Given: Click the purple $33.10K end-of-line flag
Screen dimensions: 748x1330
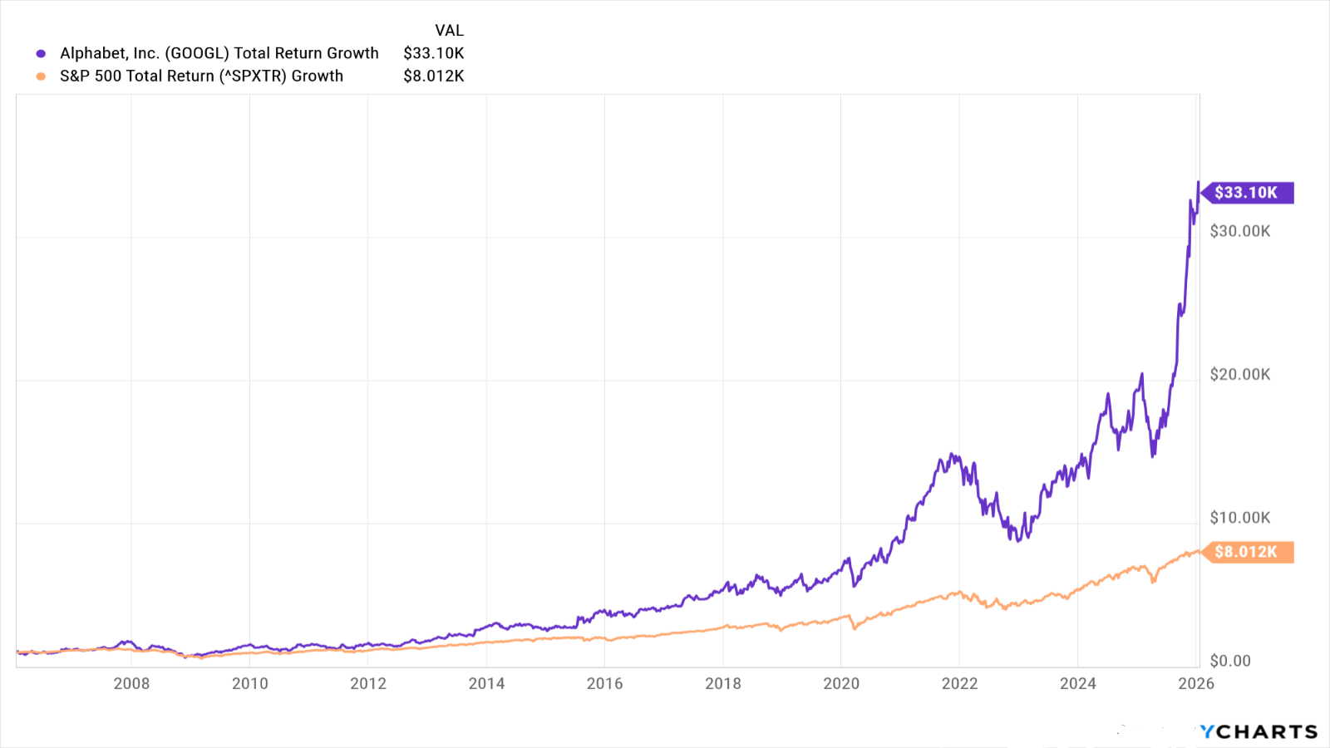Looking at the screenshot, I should [1247, 193].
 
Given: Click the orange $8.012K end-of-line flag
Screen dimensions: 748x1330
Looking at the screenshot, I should [1247, 552].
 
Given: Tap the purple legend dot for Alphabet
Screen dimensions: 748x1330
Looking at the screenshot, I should [41, 54].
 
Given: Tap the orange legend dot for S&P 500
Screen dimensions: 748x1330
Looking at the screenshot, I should [41, 76].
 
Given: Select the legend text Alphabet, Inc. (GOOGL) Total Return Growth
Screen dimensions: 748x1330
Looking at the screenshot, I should [219, 53].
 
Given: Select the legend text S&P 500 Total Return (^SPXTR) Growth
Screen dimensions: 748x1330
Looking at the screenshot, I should [201, 76].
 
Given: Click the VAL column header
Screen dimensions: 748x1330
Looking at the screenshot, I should [449, 31].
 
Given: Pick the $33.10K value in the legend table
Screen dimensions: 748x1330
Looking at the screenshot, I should [433, 53].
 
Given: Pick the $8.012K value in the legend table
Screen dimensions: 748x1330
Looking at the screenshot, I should [433, 76].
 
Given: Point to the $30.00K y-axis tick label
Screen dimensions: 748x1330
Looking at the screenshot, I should [1239, 231].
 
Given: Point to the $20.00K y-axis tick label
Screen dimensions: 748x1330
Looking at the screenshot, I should [1239, 375].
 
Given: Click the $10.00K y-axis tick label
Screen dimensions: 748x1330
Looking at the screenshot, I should [1239, 518].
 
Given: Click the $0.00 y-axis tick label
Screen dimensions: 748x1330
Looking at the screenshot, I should [1229, 661].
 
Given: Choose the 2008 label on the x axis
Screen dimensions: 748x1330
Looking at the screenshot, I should [131, 683].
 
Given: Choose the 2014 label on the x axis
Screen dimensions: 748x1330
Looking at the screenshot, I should [486, 683].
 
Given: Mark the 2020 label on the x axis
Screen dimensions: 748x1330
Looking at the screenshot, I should [841, 683].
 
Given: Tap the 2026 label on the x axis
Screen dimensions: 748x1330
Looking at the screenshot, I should [1196, 683].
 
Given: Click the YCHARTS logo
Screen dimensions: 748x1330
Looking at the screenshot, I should [1259, 731].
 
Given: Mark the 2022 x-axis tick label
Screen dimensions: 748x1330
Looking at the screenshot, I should [959, 683].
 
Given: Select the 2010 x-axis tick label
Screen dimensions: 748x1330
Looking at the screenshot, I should [249, 683].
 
